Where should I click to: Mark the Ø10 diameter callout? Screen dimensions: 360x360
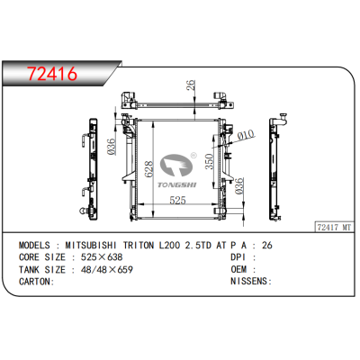[x=243, y=136]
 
